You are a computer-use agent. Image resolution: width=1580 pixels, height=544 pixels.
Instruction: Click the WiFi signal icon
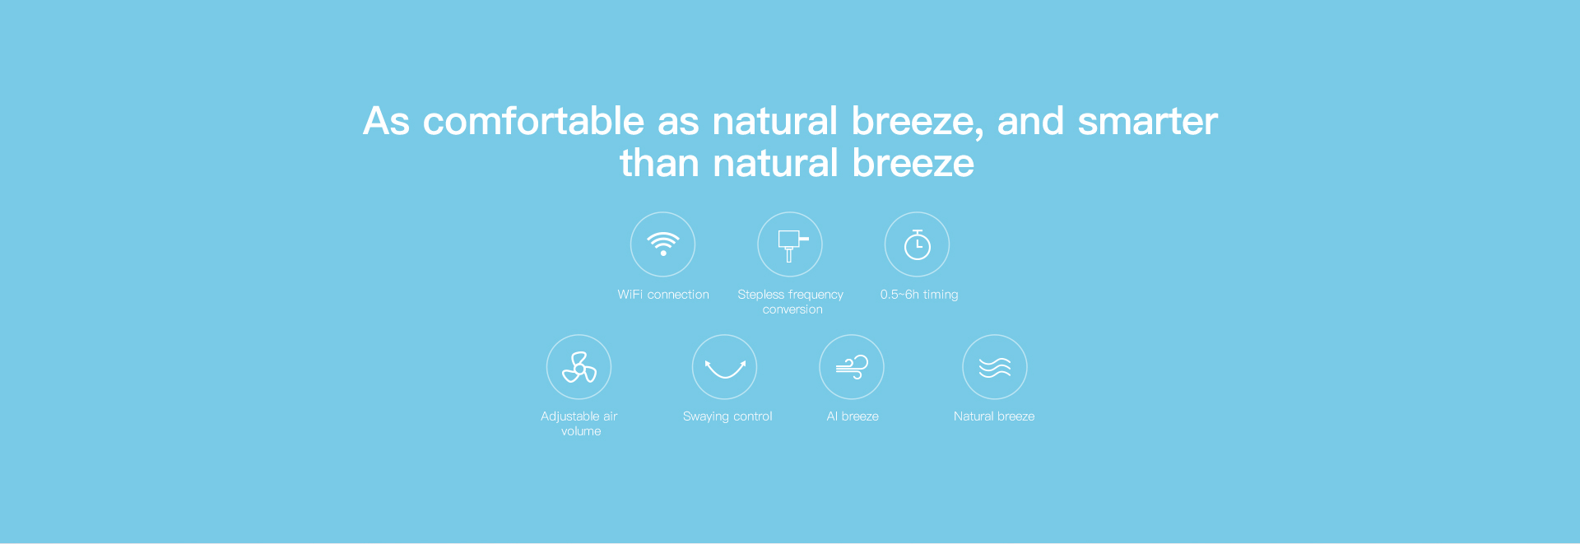tap(662, 244)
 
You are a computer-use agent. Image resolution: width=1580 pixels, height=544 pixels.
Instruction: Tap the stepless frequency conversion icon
tap(790, 244)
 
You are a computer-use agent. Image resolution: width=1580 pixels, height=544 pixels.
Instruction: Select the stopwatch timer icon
tap(917, 244)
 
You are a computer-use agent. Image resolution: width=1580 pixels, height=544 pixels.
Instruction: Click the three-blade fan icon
tap(579, 367)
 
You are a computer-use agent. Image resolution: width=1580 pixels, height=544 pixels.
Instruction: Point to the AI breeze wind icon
tap(852, 367)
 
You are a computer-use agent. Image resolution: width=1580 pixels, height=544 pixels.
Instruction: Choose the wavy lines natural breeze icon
tap(995, 367)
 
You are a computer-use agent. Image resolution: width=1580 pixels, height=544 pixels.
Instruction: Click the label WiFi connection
tap(663, 295)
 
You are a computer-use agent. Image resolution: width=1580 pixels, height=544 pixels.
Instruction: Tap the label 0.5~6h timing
tap(919, 295)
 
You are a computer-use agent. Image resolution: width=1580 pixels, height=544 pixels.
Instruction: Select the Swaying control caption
tap(727, 416)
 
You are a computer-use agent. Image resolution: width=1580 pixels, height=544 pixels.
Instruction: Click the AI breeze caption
tap(853, 416)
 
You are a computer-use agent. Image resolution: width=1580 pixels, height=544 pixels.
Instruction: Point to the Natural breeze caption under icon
tap(994, 416)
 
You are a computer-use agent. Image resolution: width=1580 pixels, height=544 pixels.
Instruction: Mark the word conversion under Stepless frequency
tap(792, 309)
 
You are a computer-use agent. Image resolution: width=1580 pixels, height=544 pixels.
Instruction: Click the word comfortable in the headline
tap(533, 121)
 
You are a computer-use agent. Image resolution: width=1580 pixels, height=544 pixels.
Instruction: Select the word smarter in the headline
tap(1147, 122)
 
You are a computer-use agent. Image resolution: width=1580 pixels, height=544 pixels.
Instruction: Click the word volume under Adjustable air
tap(581, 431)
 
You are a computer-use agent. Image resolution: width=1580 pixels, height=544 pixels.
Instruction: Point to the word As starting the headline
tap(386, 121)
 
